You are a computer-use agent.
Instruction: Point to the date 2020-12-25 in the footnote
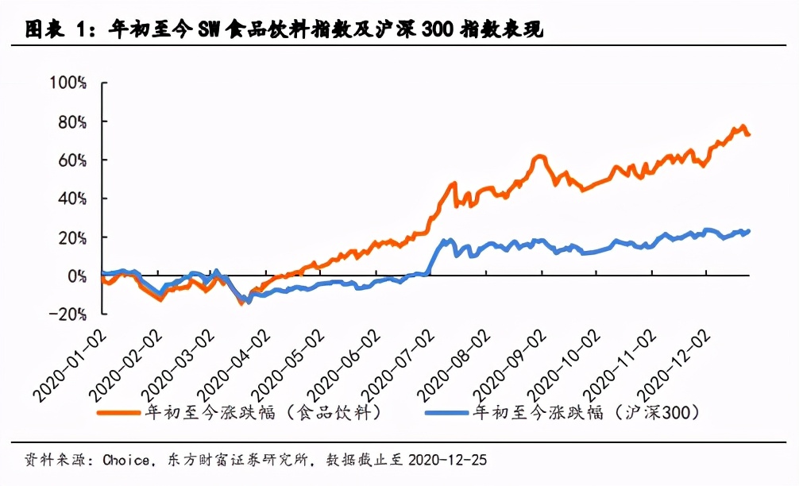pyautogui.click(x=446, y=460)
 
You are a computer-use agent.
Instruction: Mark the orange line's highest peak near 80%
pyautogui.click(x=743, y=126)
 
